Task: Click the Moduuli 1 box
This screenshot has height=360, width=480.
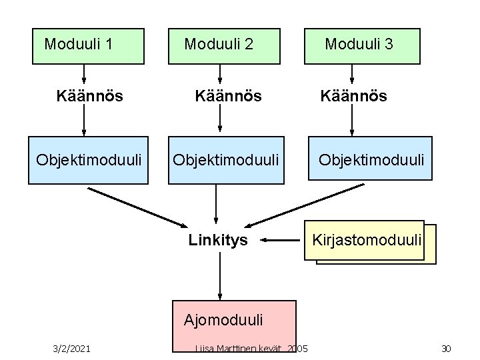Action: (x=88, y=45)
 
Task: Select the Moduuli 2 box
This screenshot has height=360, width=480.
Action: (x=223, y=45)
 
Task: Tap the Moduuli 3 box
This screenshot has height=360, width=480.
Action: (x=362, y=45)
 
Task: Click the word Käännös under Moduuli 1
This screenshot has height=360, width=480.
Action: (x=89, y=96)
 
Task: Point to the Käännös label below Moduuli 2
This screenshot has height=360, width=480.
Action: (x=228, y=96)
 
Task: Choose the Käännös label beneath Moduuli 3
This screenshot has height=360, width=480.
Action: (x=353, y=96)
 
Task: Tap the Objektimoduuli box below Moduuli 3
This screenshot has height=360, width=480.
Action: (x=370, y=159)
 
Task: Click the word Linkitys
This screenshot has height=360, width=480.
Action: (x=218, y=240)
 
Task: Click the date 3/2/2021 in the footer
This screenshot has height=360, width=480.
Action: (x=72, y=348)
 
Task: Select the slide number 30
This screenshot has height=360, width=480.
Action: (x=446, y=348)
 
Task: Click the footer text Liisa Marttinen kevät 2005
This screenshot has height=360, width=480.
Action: (x=251, y=348)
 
